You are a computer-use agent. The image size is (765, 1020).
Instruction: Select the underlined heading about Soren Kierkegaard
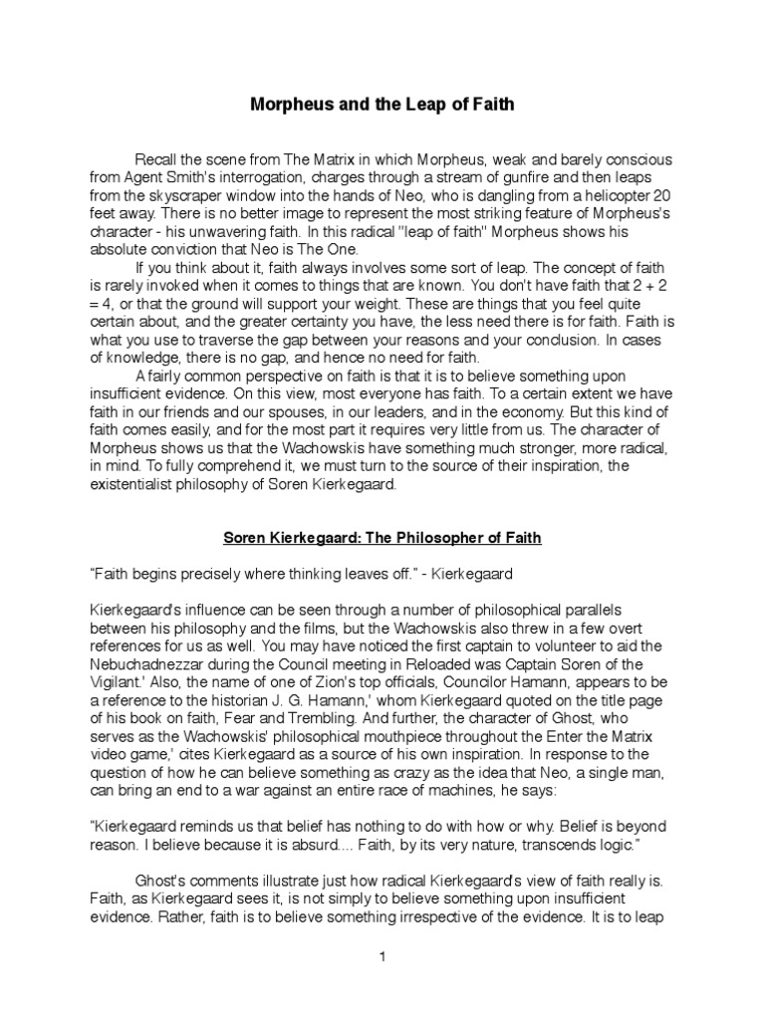point(382,539)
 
